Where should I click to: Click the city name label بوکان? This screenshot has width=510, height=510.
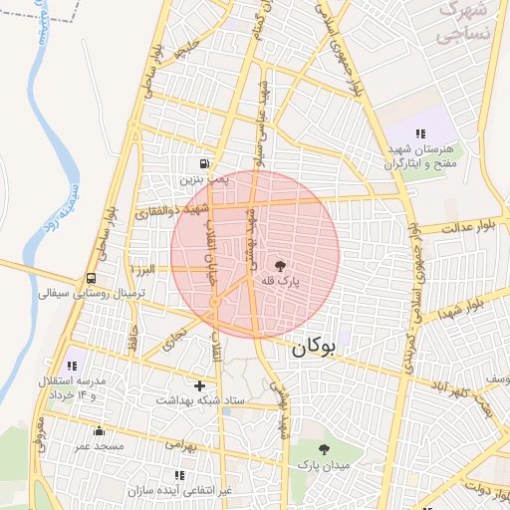click(x=312, y=349)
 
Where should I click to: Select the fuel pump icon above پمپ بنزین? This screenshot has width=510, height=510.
click(x=204, y=163)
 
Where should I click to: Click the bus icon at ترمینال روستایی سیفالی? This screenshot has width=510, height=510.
click(x=92, y=278)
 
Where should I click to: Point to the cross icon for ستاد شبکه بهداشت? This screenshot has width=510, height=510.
click(x=200, y=384)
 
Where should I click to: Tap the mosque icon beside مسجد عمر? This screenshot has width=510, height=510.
click(x=99, y=430)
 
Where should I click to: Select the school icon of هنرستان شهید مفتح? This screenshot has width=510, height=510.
click(x=420, y=133)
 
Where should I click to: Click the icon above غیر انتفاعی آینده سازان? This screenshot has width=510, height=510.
click(x=179, y=475)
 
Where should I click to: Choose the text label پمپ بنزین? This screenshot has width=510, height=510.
click(x=204, y=180)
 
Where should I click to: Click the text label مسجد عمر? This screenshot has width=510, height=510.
click(x=98, y=446)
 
